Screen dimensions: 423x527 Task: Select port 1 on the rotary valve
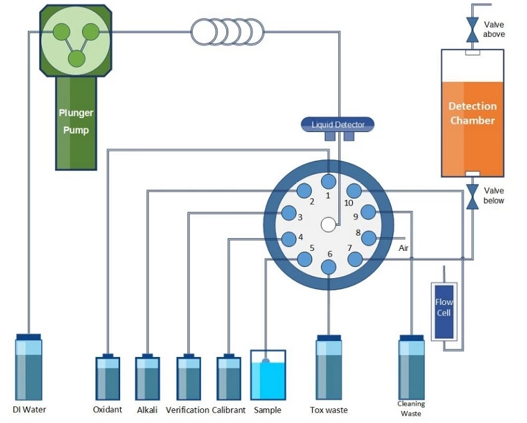328,181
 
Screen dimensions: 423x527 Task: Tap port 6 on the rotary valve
328,267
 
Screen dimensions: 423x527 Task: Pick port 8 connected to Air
368,238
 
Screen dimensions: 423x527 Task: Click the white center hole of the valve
328,225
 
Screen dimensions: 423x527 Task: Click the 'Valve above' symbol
473,30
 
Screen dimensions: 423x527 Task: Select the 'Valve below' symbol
473,196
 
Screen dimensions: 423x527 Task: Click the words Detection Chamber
472,113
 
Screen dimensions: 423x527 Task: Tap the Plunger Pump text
75,121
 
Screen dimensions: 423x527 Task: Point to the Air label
404,248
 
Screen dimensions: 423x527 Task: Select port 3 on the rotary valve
289,213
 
